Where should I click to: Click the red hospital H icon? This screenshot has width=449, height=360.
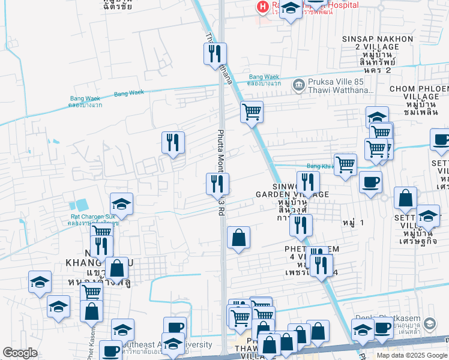tap(262, 7)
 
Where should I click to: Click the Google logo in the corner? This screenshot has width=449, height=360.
tap(20, 353)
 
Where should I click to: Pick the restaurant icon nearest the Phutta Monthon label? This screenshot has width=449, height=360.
tap(217, 184)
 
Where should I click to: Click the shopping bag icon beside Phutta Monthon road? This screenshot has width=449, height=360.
tap(239, 237)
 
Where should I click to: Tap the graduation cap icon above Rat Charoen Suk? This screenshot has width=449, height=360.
tap(121, 203)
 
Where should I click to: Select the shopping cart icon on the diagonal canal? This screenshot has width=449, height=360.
tap(252, 111)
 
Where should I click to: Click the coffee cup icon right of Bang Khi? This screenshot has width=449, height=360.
tap(370, 181)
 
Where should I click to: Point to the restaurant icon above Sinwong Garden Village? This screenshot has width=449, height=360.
tap(308, 182)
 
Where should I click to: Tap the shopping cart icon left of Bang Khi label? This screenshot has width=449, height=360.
tap(345, 164)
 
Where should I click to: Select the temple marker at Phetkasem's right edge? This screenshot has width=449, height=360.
tap(429, 324)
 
